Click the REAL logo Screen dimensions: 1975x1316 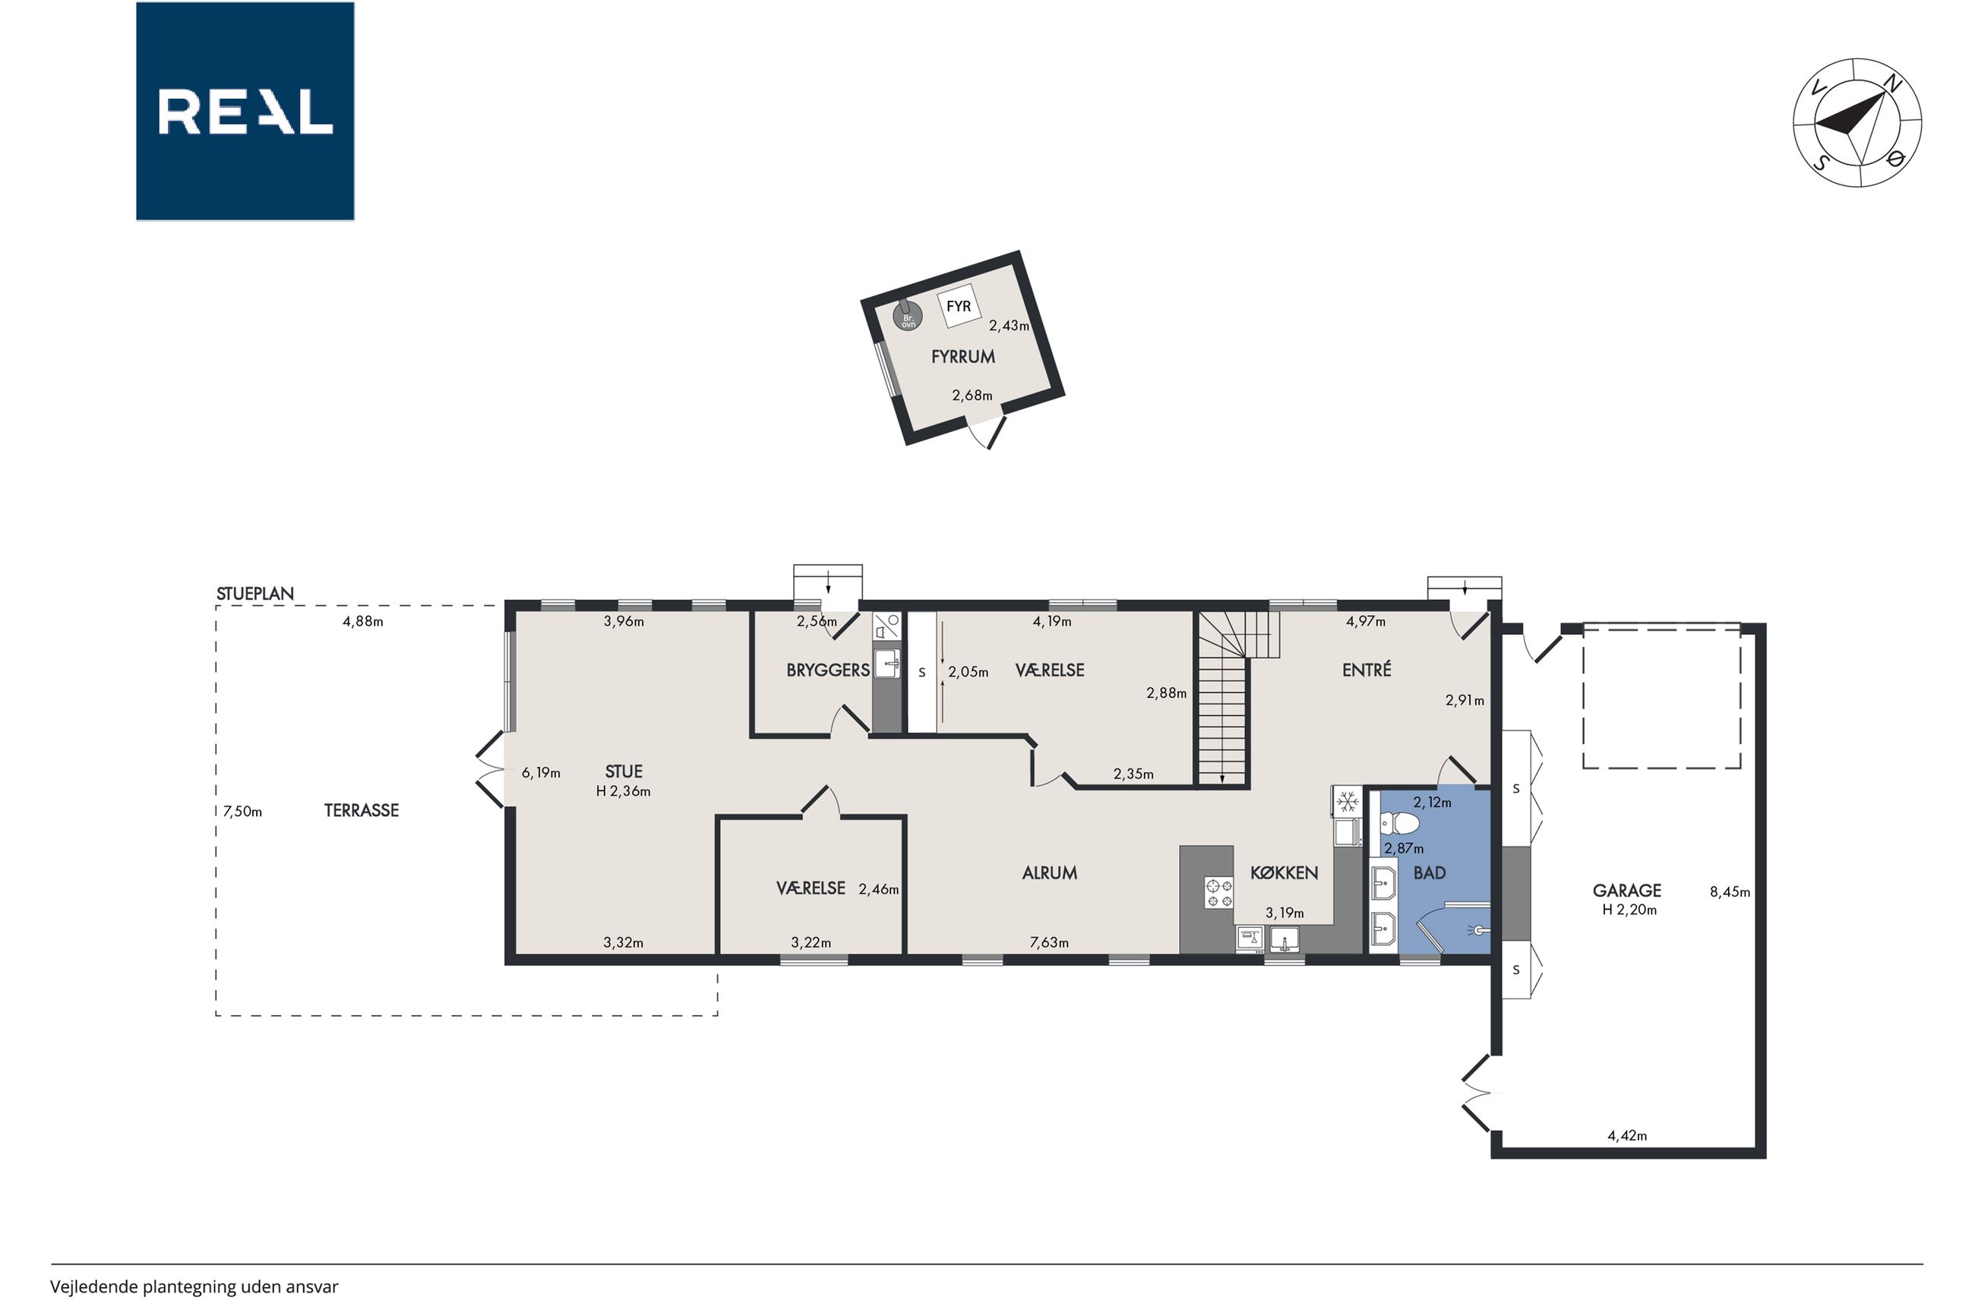coord(245,111)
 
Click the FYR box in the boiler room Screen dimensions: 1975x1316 coord(959,306)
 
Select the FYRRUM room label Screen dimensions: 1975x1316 coord(962,357)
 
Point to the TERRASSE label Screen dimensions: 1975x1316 coord(362,811)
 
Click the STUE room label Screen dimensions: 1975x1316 coord(624,772)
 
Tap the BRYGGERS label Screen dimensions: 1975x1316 coord(828,670)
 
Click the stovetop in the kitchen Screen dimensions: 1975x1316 coord(1218,892)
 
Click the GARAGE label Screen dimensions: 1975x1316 coord(1626,891)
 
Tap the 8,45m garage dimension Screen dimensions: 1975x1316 coord(1730,892)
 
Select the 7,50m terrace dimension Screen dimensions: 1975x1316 coord(242,812)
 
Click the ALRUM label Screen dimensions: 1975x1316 coord(1049,873)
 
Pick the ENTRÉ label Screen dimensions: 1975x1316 coord(1367,669)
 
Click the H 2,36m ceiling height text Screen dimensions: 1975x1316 coord(623,791)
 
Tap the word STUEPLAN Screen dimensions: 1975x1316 coord(255,593)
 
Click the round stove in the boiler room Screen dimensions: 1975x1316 coord(907,317)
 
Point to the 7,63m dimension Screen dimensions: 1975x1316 coord(1049,942)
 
